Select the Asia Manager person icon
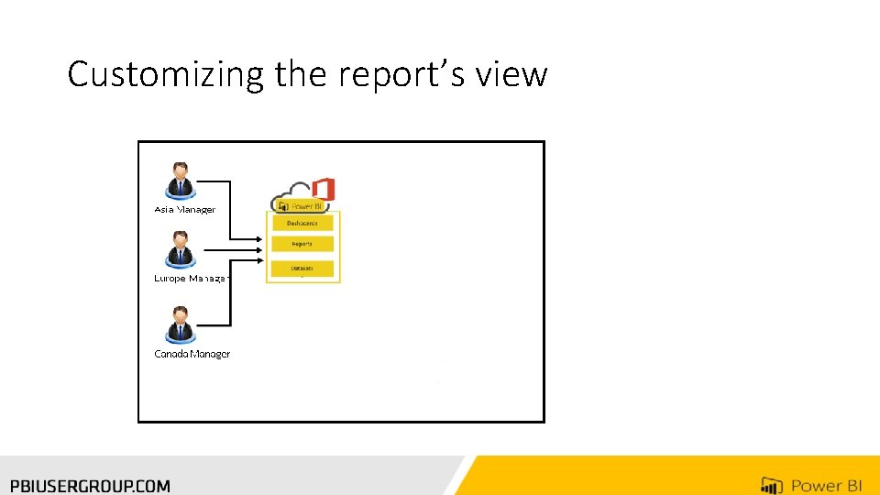point(180,180)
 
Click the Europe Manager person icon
point(180,249)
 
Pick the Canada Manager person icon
point(180,324)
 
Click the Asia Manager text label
point(184,210)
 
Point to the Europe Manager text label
point(192,278)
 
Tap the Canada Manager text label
point(192,354)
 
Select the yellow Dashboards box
point(302,223)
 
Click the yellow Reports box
point(302,245)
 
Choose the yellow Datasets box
point(302,269)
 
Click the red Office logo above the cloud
point(323,190)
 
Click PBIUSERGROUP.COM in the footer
point(90,486)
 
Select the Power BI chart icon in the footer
point(771,486)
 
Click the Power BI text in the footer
point(826,486)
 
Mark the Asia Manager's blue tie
point(180,186)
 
